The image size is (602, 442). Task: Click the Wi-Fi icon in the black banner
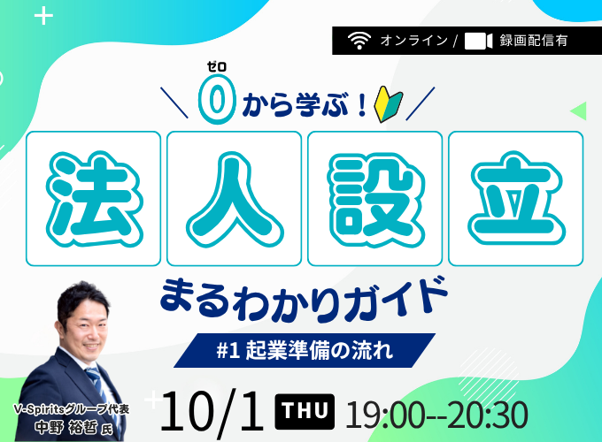(x=359, y=41)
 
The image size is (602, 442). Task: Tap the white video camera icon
(x=478, y=41)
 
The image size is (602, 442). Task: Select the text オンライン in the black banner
(x=414, y=41)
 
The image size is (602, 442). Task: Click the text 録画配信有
(x=534, y=41)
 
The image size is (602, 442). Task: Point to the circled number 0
(x=217, y=99)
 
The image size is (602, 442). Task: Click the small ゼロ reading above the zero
(x=217, y=66)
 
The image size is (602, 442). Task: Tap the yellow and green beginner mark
(x=388, y=103)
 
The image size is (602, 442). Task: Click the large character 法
(x=94, y=199)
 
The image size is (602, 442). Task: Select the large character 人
(x=235, y=199)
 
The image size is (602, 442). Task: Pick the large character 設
(x=375, y=199)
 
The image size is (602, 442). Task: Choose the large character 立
(x=516, y=199)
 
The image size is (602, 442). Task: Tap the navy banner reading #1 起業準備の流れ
(x=305, y=350)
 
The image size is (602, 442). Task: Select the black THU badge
(x=305, y=411)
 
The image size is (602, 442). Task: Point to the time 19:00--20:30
(x=436, y=415)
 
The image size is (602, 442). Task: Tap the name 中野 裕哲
(x=66, y=428)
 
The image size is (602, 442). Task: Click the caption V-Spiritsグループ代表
(x=72, y=409)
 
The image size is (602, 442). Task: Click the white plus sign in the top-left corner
(x=43, y=16)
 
